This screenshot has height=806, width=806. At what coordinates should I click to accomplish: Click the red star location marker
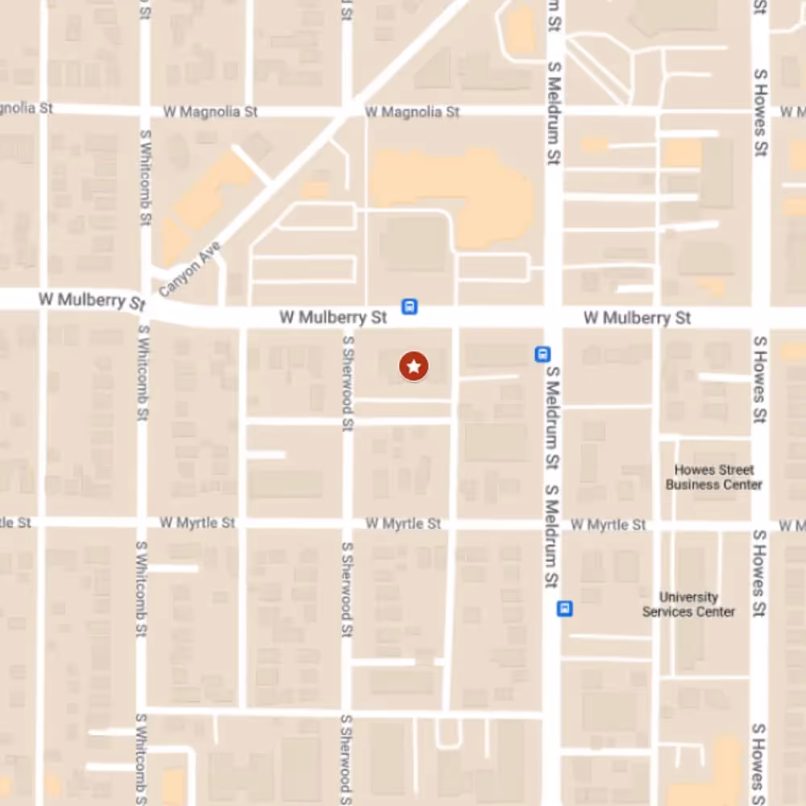(x=413, y=367)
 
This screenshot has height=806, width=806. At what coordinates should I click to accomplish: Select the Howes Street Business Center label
(x=714, y=477)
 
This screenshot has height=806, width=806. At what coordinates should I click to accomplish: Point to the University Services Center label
(x=688, y=604)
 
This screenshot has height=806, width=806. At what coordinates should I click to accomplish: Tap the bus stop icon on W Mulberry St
(x=409, y=307)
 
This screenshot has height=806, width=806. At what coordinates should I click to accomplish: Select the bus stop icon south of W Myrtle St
(x=565, y=608)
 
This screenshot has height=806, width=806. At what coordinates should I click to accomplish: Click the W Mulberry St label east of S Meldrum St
(x=637, y=318)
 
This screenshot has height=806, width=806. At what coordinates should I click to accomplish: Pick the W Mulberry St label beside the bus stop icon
(x=333, y=318)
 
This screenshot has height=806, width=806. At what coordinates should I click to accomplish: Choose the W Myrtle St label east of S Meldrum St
(x=609, y=525)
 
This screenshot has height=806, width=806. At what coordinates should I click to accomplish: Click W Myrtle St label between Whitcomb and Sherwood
(x=197, y=523)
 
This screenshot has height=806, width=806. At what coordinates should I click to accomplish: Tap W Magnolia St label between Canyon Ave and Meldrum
(x=412, y=112)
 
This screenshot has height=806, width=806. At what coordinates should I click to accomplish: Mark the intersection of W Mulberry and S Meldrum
(x=553, y=317)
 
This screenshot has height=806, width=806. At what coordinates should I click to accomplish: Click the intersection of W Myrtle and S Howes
(x=760, y=525)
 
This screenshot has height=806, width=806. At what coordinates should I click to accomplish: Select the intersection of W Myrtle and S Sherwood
(x=347, y=524)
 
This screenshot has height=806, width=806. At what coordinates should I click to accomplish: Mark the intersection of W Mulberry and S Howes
(x=760, y=317)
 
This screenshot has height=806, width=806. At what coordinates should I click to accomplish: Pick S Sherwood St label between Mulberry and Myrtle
(x=347, y=384)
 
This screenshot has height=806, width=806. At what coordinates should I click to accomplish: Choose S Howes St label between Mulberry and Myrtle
(x=759, y=379)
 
